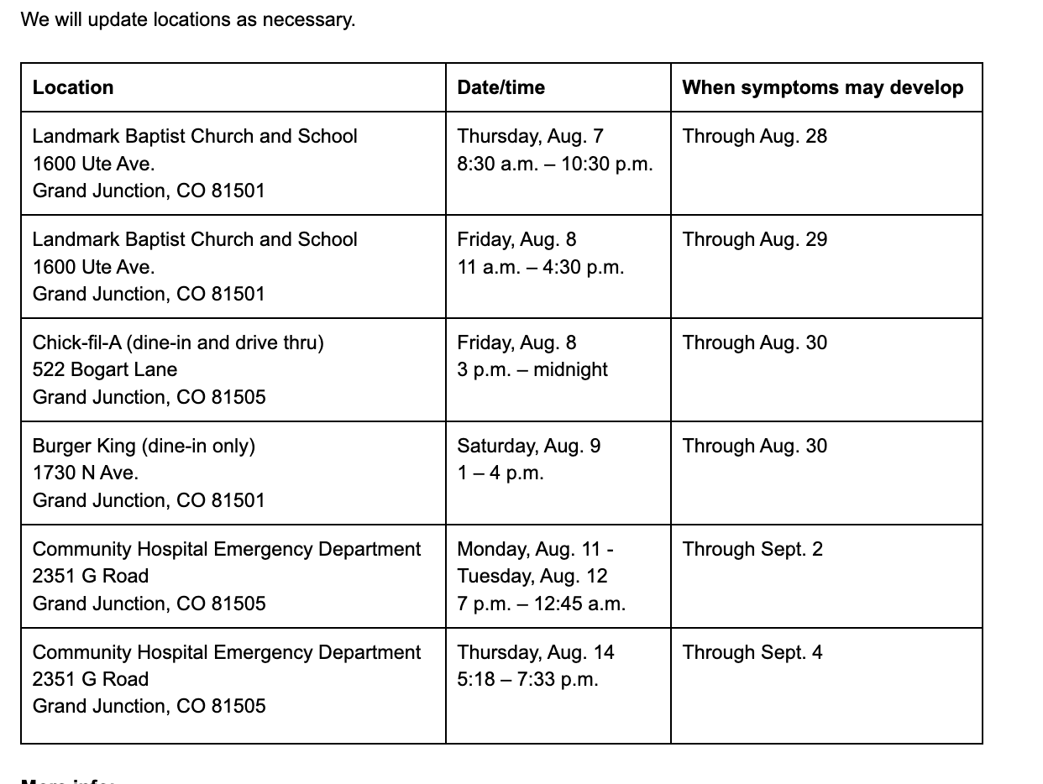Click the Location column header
[73, 87]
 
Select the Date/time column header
[501, 87]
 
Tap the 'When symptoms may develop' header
[822, 87]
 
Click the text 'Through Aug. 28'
[754, 136]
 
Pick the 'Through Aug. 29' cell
[754, 239]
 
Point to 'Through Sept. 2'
[752, 549]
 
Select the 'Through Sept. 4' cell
[752, 652]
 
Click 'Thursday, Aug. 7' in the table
[530, 136]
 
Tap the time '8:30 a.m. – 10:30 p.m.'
[554, 164]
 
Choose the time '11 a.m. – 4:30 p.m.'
[540, 267]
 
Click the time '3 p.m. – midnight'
[532, 369]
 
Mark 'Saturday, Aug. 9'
[529, 446]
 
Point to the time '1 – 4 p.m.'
[501, 473]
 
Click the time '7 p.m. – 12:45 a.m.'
[541, 604]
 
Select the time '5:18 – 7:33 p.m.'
[527, 679]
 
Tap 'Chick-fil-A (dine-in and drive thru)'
[178, 342]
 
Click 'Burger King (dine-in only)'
[144, 446]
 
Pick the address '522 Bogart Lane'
[105, 369]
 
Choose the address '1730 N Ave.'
[85, 473]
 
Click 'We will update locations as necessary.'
[188, 19]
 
